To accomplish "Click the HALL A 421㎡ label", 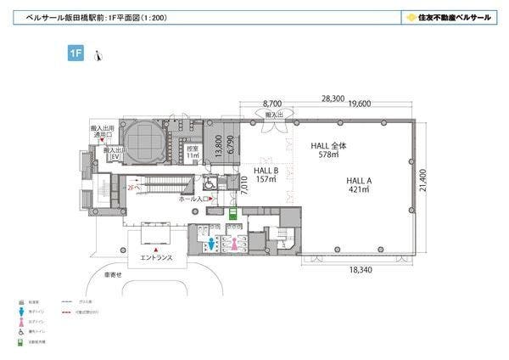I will (361, 185).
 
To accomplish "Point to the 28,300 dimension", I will (332, 98).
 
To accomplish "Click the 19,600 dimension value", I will (359, 105).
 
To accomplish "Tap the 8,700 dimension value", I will (272, 105).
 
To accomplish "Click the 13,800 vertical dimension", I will (219, 147).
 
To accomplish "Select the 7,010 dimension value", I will (243, 183).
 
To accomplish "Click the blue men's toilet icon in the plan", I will (211, 241).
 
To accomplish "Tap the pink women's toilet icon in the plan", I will (233, 241).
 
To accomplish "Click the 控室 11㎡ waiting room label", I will (193, 153).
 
